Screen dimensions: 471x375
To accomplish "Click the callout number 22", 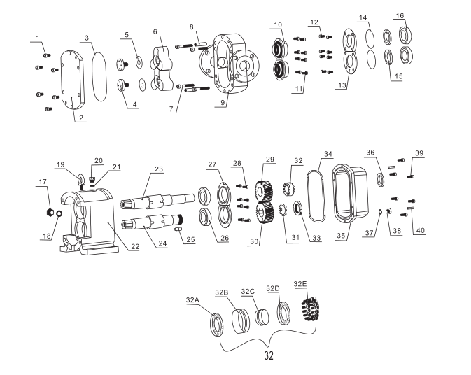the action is click(x=135, y=246).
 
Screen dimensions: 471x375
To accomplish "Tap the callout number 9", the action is click(x=223, y=102).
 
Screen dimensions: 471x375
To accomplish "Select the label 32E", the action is click(x=300, y=284).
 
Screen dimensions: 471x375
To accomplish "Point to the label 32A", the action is click(x=192, y=299).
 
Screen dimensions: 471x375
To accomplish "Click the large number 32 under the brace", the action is click(x=269, y=355).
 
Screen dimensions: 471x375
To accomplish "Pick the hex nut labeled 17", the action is click(x=50, y=212).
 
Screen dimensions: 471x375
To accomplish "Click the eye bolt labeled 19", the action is click(x=80, y=181).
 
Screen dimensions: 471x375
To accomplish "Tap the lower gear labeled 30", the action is click(x=265, y=213).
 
